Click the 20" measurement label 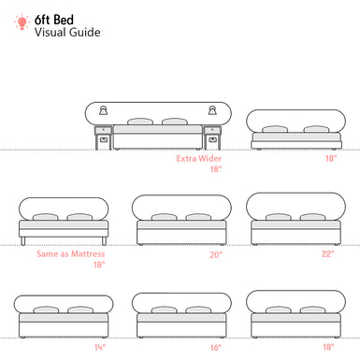click(x=217, y=254)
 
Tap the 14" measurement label click(x=99, y=347)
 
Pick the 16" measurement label click(x=217, y=347)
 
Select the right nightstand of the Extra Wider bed click(x=213, y=139)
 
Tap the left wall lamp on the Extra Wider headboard click(x=99, y=109)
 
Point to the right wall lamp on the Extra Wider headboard click(x=212, y=109)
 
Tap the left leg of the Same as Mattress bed click(x=24, y=240)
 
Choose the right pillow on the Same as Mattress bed click(x=78, y=217)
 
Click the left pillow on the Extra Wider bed click(x=139, y=122)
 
